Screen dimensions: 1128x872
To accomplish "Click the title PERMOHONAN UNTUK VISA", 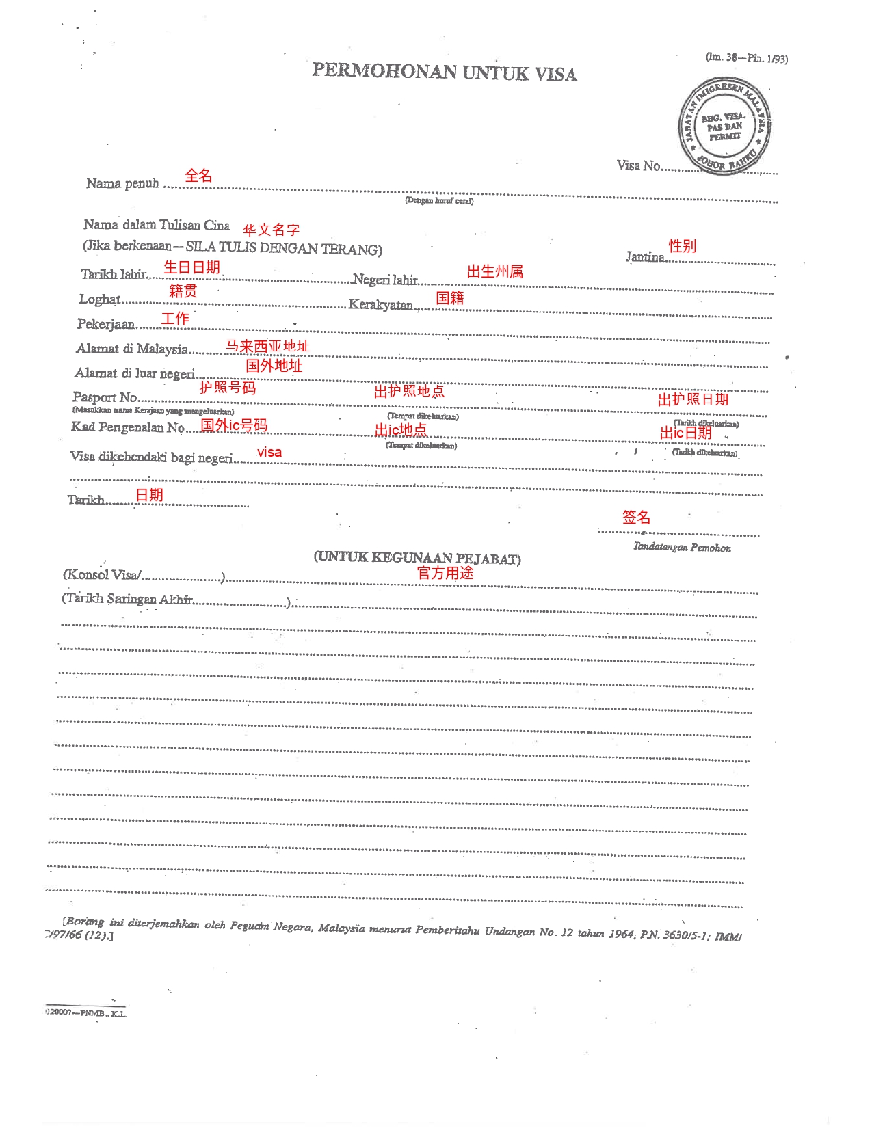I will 445,72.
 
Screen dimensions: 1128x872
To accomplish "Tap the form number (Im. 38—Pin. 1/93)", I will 746,58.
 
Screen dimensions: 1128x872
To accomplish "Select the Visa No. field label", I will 639,165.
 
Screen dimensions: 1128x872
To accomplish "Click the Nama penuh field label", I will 122,183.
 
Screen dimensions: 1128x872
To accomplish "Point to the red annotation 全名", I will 198,176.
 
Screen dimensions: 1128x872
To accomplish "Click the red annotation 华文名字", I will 272,230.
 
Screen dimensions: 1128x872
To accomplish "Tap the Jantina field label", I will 645,257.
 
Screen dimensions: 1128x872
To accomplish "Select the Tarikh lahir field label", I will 114,274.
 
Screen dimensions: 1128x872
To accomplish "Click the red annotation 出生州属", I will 495,271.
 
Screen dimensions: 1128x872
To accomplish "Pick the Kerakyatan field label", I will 381,304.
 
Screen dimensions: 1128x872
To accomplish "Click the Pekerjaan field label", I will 106,323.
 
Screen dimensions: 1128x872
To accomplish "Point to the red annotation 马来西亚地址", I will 267,346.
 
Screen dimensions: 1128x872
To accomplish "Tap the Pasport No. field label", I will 105,397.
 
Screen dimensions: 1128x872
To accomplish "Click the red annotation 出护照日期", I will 693,399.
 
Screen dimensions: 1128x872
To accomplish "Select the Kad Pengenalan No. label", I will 128,427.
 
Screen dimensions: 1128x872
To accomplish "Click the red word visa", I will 269,452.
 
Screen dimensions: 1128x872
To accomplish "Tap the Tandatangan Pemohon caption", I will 682,548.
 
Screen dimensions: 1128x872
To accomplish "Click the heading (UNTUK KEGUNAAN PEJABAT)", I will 417,558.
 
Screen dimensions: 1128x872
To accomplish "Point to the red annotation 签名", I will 636,518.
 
